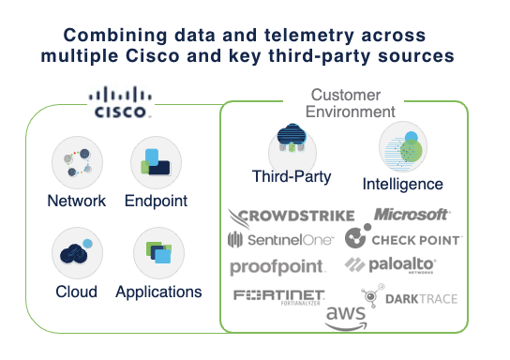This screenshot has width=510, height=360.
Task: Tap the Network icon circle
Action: (76, 164)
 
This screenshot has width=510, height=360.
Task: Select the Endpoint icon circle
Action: (157, 164)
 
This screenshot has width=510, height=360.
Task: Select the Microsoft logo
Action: (412, 215)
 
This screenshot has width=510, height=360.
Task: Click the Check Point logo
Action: (403, 239)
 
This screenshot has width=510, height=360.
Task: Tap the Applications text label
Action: (158, 292)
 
